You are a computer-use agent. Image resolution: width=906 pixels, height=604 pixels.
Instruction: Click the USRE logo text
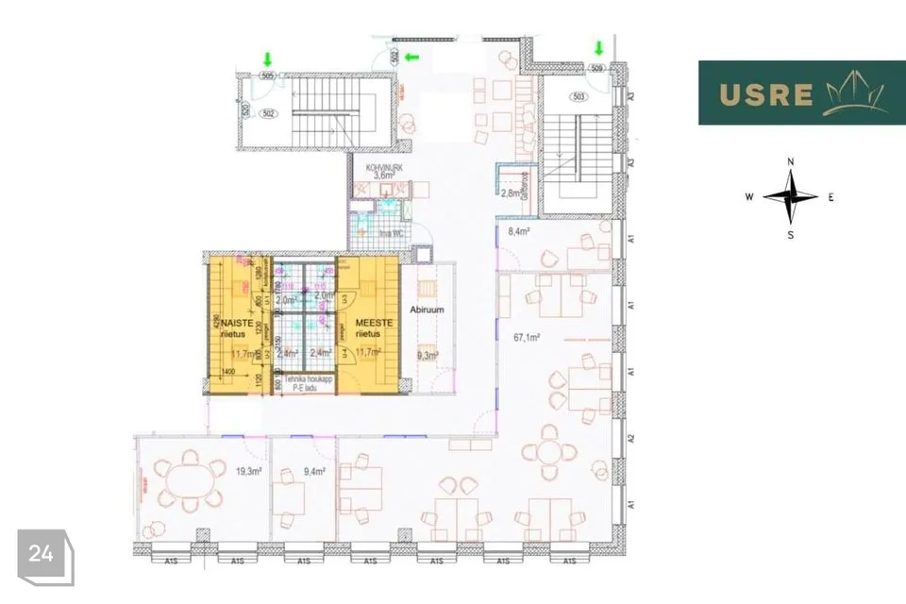click(765, 94)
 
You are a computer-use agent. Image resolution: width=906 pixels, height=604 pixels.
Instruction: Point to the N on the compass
click(791, 162)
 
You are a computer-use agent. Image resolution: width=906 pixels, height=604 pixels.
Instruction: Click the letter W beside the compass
click(749, 197)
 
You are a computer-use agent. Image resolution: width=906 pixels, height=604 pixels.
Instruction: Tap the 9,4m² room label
click(314, 470)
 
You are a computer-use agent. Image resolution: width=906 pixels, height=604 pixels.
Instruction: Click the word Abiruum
click(427, 309)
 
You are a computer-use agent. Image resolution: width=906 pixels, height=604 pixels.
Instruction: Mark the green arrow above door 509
click(598, 47)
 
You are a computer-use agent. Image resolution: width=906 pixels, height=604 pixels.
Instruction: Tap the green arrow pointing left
click(411, 58)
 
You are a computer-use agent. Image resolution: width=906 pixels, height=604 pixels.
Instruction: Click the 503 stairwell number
click(579, 96)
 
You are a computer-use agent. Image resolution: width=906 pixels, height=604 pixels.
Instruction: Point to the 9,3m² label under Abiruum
click(426, 356)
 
